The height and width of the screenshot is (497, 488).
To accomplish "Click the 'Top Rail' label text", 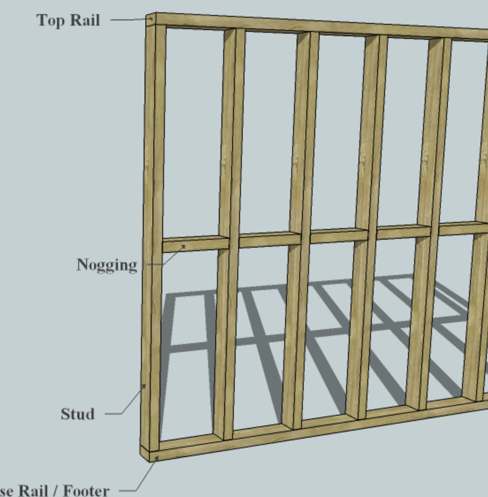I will pyautogui.click(x=68, y=20).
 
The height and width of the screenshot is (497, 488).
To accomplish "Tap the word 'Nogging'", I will pyautogui.click(x=106, y=265).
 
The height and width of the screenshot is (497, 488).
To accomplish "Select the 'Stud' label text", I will pyautogui.click(x=78, y=414).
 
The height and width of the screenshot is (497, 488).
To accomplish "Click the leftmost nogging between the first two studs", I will pyautogui.click(x=195, y=244).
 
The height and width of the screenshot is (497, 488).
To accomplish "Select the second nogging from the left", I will pyautogui.click(x=269, y=240).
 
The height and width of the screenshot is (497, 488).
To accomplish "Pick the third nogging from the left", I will pyautogui.click(x=339, y=235).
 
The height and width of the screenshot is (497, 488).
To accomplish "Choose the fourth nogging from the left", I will pyautogui.click(x=403, y=232).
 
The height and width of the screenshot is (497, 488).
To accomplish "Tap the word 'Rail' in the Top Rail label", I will pyautogui.click(x=85, y=20).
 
